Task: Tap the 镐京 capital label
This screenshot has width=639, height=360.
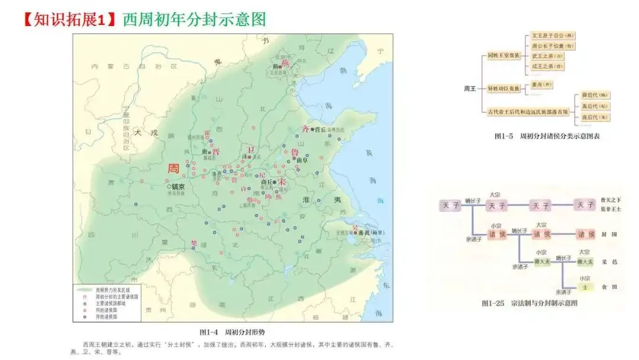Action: (x=178, y=186)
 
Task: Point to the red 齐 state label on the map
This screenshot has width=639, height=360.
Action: (x=306, y=128)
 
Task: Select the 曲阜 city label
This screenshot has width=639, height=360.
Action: (x=302, y=160)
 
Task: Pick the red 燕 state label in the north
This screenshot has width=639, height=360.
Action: (x=285, y=62)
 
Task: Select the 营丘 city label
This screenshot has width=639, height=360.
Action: (x=320, y=130)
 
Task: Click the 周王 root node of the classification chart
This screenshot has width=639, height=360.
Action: (x=469, y=88)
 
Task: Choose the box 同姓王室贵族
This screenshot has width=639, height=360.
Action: (x=504, y=56)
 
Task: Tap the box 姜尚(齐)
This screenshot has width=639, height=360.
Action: (x=539, y=85)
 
